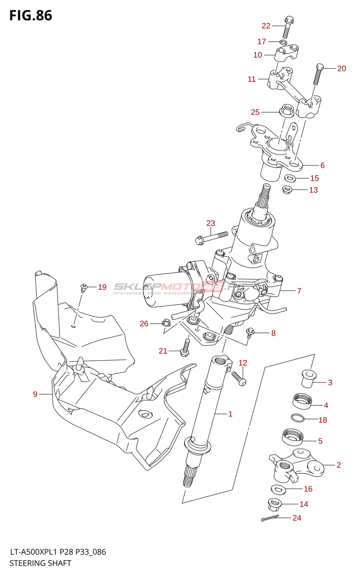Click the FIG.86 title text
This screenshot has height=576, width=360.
31,15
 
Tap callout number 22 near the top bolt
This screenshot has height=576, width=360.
266,26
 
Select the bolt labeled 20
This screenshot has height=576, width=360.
318,74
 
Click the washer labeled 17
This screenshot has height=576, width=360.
283,42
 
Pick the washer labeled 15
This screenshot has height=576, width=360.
290,178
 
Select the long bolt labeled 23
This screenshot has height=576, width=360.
211,238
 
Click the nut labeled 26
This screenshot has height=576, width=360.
166,323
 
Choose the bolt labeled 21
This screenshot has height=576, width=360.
185,347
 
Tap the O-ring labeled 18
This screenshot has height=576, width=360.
298,418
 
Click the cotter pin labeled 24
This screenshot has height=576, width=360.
270,518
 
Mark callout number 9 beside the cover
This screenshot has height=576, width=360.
35,394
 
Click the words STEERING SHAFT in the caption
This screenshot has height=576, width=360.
40,563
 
